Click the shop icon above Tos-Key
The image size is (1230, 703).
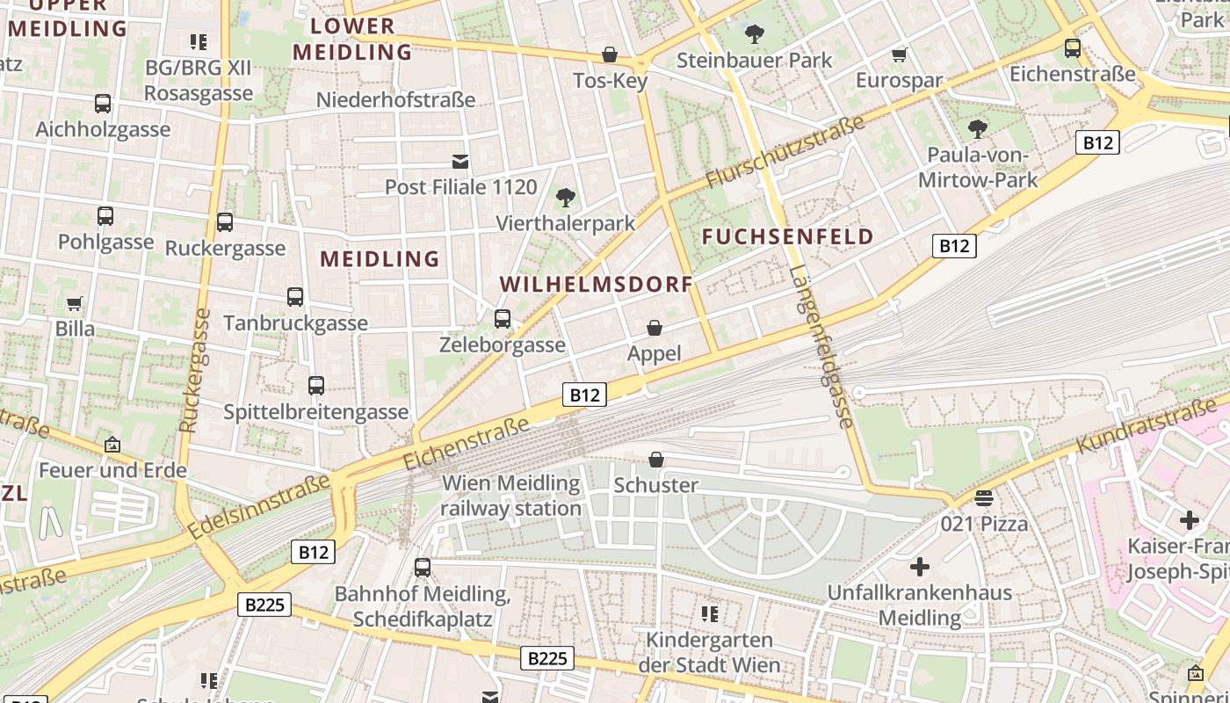[x=609, y=54]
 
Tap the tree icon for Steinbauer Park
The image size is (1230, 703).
[x=754, y=35]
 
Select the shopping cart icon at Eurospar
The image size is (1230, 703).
[x=899, y=55]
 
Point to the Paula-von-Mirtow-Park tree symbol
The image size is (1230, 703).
[x=977, y=130]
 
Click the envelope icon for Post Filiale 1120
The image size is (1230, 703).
[x=460, y=162]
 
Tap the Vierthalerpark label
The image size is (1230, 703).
[x=565, y=222]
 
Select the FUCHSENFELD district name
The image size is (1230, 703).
[x=788, y=236]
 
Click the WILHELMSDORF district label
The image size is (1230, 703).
[x=597, y=284]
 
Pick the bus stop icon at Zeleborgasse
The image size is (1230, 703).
[x=503, y=319]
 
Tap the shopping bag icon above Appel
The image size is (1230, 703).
[x=655, y=328]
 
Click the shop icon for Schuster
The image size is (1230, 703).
[x=656, y=460]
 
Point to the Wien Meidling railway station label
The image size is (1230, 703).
[x=510, y=496]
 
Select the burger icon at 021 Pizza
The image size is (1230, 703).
[x=984, y=498]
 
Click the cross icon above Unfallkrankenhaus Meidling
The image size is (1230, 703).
[x=919, y=567]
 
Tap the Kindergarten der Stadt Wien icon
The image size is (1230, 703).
[x=709, y=613]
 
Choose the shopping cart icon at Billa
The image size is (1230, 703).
[x=75, y=303]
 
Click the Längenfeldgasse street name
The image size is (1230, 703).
[x=821, y=346]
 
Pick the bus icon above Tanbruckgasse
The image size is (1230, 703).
[x=295, y=297]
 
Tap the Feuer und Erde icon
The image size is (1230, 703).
[x=112, y=445]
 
